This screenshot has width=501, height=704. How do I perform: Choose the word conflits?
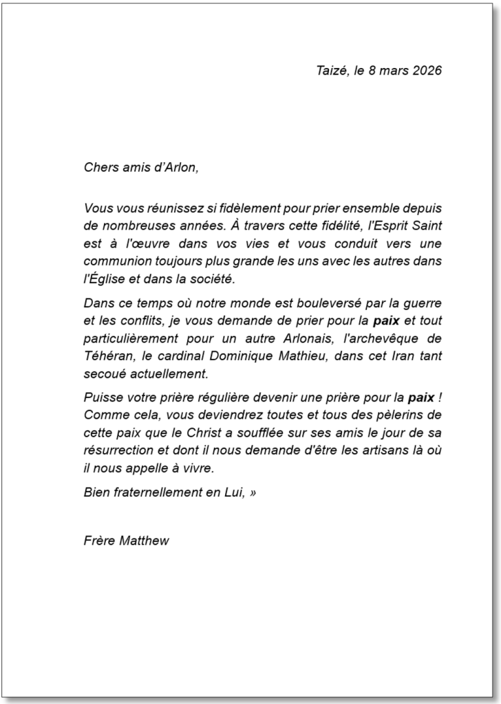point(142,321)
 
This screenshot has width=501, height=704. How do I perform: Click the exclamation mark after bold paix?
point(439,398)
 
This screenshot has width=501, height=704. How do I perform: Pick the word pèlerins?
point(400,416)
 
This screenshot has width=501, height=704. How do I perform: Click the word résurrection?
point(118,452)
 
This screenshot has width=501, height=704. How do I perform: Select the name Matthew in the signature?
point(144,541)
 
